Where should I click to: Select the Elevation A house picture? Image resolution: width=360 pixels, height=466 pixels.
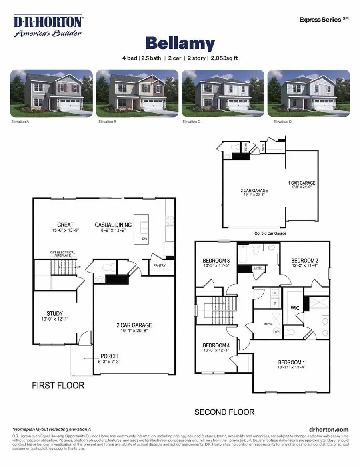click(51, 94)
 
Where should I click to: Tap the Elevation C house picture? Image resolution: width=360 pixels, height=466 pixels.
click(223, 94)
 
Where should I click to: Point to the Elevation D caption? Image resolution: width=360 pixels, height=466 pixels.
click(282, 121)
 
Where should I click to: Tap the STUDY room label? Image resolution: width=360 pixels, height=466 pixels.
click(55, 313)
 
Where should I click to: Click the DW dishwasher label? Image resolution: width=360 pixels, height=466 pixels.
click(144, 239)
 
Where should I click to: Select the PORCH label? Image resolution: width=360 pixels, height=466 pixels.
click(109, 356)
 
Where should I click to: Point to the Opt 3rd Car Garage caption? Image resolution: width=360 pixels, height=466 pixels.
click(270, 233)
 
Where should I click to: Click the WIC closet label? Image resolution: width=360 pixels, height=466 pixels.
click(295, 309)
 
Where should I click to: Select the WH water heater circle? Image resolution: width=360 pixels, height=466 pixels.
click(276, 331)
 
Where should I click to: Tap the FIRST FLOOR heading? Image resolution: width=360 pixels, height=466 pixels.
click(58, 386)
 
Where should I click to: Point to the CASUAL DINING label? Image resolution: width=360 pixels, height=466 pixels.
click(113, 225)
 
